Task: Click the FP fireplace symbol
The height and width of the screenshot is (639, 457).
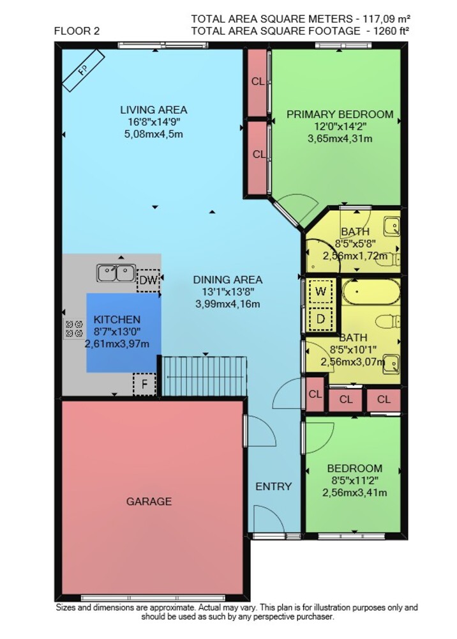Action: pos(83,71)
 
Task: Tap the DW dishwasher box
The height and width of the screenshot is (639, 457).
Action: pos(148,281)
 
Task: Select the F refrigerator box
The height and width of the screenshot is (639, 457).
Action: pos(144,384)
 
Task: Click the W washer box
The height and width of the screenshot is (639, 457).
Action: pos(320,292)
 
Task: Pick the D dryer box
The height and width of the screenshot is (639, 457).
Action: pos(320,318)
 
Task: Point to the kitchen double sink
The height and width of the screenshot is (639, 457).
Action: pos(116,273)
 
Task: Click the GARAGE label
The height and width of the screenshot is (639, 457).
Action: pos(149,501)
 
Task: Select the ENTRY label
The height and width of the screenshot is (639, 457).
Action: pos(273,486)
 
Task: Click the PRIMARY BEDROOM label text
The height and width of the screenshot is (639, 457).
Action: pos(340,114)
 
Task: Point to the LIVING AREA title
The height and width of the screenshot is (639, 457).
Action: pos(153,110)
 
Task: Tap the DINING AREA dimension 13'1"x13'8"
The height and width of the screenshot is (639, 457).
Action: pos(228,292)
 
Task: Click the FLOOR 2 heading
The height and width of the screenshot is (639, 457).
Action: pos(77,31)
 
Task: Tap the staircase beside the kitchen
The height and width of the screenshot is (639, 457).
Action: pos(204,376)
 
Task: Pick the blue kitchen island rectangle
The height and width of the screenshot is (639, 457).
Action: pos(124,332)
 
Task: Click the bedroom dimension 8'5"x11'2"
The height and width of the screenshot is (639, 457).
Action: pos(354,481)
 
